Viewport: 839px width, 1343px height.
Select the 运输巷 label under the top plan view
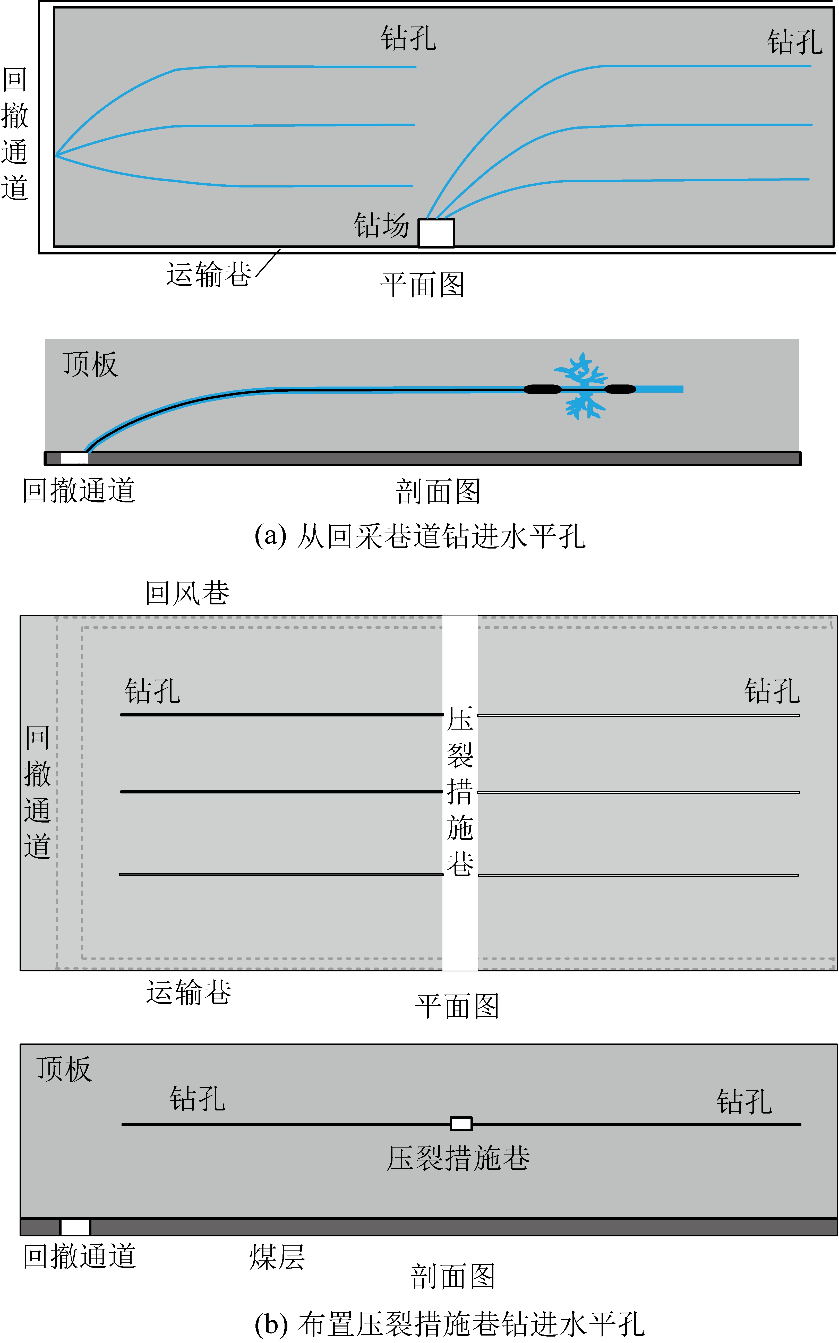point(209,274)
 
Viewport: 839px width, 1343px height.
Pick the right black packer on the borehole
point(620,389)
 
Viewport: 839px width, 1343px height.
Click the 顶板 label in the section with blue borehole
point(90,364)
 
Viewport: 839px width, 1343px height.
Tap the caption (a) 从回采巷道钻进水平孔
point(419,536)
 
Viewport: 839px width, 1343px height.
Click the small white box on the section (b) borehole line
point(460,1124)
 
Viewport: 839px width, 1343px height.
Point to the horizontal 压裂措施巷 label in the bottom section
point(458,1159)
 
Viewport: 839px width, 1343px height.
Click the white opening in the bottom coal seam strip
point(75,1227)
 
